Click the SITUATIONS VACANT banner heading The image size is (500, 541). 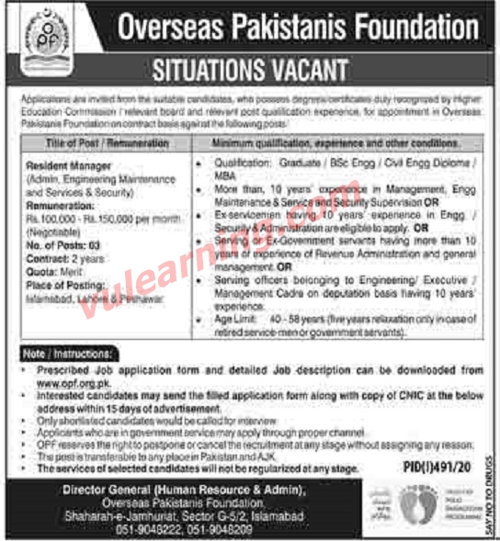point(249,70)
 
